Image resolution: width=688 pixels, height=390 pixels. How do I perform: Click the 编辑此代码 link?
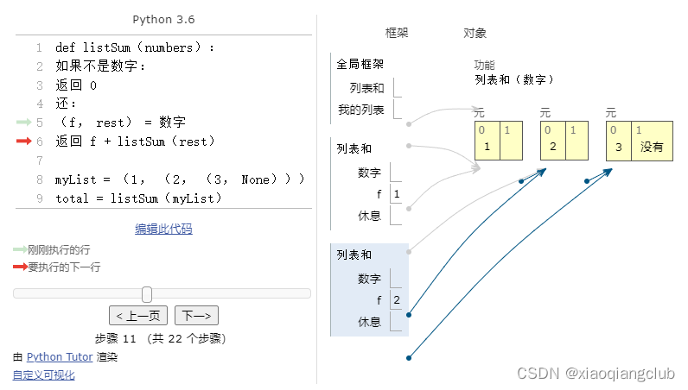click(x=163, y=229)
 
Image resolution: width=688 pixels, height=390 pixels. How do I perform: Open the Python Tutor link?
click(x=60, y=356)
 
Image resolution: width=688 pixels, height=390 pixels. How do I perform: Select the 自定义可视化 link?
click(x=43, y=374)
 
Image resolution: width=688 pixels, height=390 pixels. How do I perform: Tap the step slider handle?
click(x=147, y=294)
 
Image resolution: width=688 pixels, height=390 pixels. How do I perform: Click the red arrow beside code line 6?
click(x=23, y=141)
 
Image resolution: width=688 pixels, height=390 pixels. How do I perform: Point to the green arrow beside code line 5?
click(x=23, y=122)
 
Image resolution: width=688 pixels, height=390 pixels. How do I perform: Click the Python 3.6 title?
click(x=163, y=19)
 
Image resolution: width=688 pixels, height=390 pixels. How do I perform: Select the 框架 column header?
click(x=397, y=33)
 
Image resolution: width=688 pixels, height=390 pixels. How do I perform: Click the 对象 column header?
click(x=475, y=33)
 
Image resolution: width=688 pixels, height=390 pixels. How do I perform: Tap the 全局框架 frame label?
click(x=360, y=64)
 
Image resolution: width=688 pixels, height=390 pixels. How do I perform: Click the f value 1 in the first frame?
click(x=396, y=194)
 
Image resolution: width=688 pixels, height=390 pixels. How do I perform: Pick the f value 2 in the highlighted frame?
click(x=396, y=300)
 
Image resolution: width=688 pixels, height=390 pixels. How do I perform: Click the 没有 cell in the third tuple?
click(x=652, y=147)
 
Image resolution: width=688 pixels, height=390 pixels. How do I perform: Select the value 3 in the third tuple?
click(x=618, y=147)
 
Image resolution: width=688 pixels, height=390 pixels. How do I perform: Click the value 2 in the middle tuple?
click(x=552, y=147)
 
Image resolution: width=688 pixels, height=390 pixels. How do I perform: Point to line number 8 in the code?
click(x=40, y=179)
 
